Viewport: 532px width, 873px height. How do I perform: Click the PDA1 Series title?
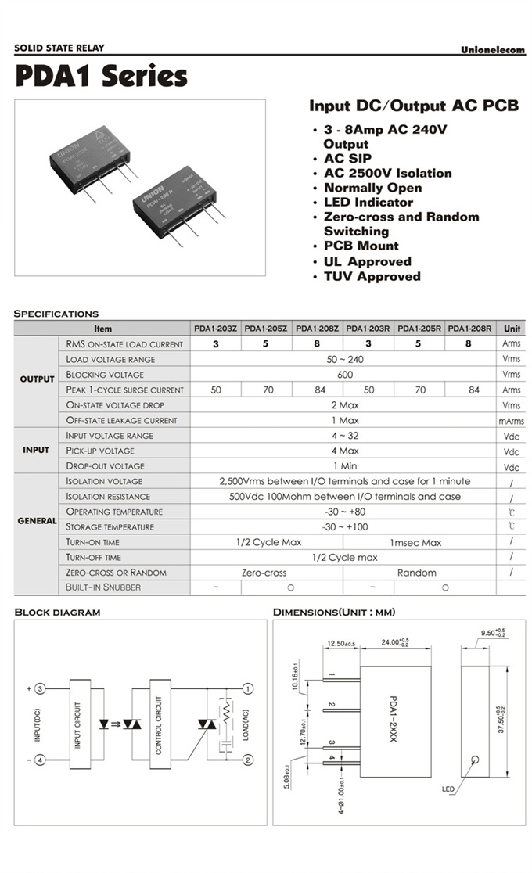click(101, 76)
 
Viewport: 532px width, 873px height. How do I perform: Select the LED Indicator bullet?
click(368, 202)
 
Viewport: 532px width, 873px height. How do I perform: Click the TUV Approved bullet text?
click(372, 276)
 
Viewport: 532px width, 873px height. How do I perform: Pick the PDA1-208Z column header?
click(318, 329)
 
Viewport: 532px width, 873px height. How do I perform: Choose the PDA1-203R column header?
click(368, 329)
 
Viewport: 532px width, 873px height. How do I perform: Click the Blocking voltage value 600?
click(344, 375)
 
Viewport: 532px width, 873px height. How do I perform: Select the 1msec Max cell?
click(415, 542)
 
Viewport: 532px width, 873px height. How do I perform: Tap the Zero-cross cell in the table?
click(264, 573)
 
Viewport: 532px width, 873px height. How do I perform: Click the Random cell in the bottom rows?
click(416, 573)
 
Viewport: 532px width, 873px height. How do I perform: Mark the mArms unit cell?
click(511, 421)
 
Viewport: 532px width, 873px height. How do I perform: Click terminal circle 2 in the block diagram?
click(248, 760)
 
